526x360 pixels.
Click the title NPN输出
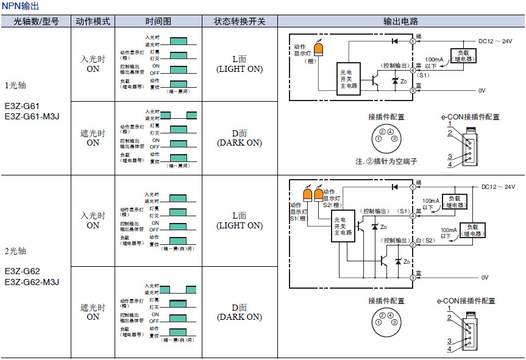click(21, 6)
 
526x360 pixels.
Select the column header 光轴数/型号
click(36, 21)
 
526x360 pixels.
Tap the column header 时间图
click(158, 21)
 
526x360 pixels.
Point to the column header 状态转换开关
click(240, 21)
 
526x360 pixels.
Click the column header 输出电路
click(400, 21)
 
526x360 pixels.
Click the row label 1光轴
click(16, 85)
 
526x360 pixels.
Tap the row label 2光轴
click(16, 251)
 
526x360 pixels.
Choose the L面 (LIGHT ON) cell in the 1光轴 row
click(240, 65)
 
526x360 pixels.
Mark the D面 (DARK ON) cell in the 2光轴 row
click(240, 312)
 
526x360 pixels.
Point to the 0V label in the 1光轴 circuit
click(482, 90)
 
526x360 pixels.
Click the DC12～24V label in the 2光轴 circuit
click(498, 187)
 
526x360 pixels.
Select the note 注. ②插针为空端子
click(386, 162)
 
